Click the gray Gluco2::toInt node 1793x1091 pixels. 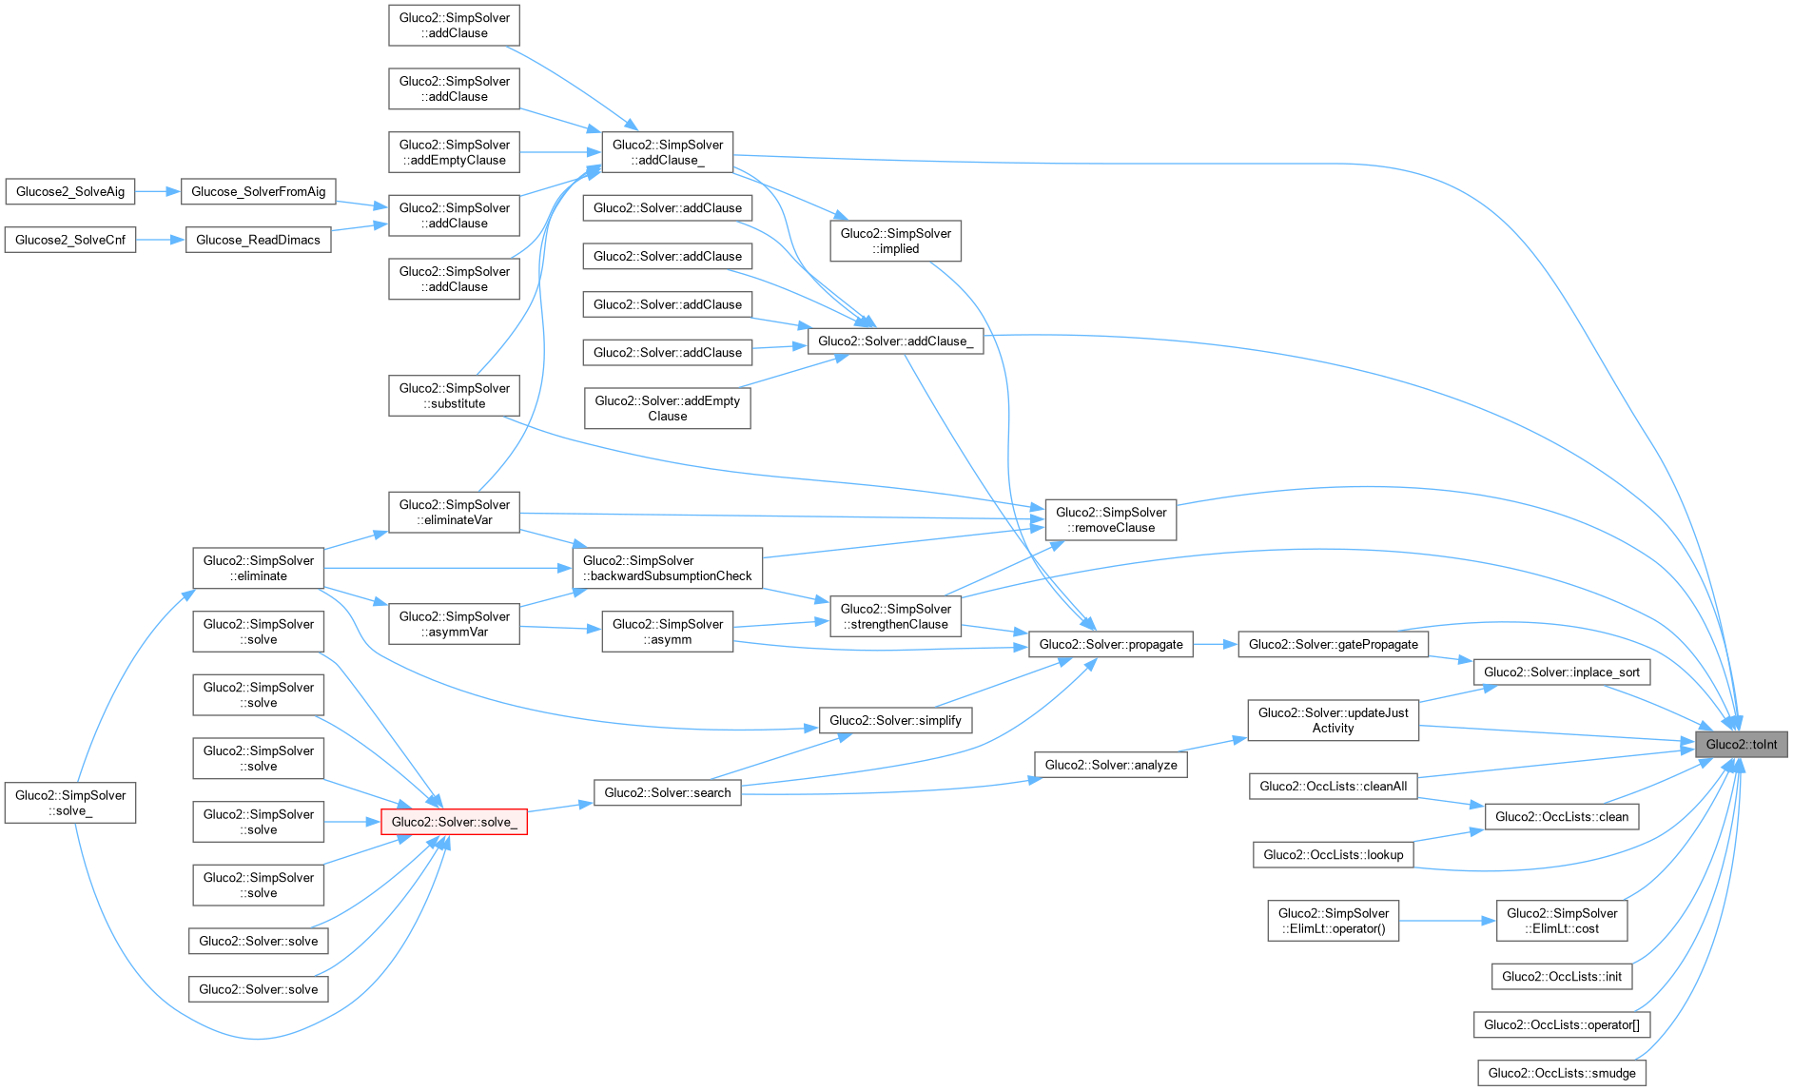[1741, 744]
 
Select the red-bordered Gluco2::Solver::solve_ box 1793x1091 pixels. [454, 822]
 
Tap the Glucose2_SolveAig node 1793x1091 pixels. [70, 191]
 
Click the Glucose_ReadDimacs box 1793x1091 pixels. [258, 240]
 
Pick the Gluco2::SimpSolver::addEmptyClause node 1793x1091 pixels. [454, 152]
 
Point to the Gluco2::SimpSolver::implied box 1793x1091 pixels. [895, 241]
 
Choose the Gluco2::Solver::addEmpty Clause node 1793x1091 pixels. [667, 408]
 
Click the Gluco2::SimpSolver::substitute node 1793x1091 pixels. [454, 396]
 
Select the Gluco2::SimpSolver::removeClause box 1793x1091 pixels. [1110, 519]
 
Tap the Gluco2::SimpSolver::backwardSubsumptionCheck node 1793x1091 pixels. [667, 568]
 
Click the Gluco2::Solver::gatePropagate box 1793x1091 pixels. [1333, 644]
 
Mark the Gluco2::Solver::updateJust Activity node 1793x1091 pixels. [1333, 720]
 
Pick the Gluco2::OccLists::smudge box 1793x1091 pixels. [1561, 1073]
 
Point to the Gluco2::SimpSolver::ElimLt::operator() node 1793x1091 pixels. [1333, 921]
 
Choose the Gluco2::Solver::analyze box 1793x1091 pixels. [1110, 765]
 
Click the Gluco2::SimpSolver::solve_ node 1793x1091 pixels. [70, 803]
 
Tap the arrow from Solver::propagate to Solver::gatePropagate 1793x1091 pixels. [1215, 644]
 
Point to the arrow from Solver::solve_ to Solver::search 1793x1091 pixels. [560, 807]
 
